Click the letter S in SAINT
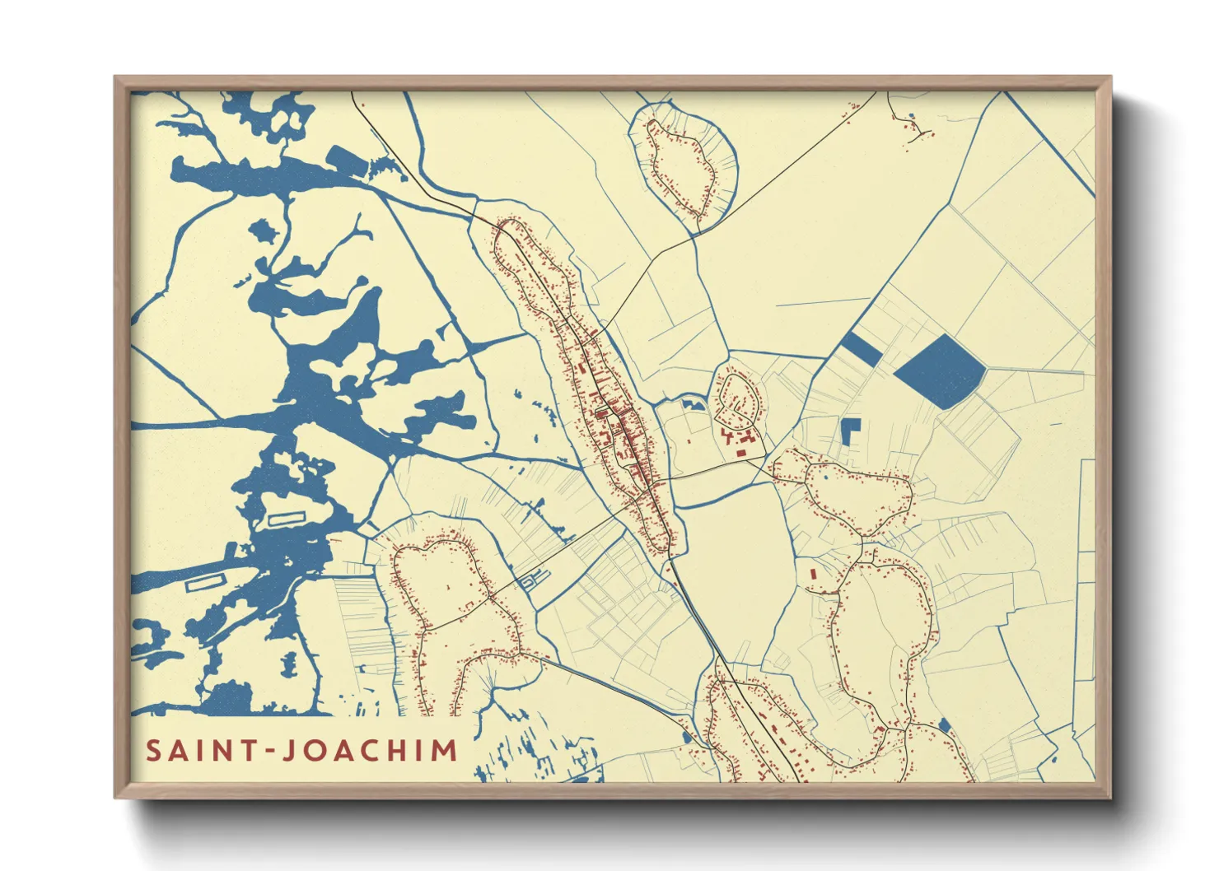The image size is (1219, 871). tap(153, 751)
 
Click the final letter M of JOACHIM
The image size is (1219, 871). tap(444, 751)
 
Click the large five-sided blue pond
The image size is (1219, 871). tap(941, 371)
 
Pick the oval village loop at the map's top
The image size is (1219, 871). tap(682, 161)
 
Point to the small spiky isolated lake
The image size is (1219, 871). tap(264, 230)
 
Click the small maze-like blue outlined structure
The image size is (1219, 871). tap(530, 580)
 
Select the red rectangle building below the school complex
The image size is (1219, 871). tap(740, 453)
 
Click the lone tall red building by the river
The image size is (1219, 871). tap(812, 573)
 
